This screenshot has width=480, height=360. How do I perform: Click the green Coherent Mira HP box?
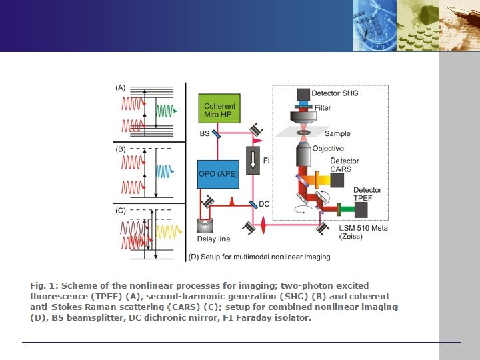(x=219, y=110)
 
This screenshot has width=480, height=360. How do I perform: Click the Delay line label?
(x=213, y=239)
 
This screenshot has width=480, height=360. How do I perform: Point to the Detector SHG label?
(x=336, y=93)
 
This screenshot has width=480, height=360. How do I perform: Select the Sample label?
(x=337, y=133)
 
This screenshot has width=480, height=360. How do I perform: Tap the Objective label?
(x=328, y=149)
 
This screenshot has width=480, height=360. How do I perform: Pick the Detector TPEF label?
(x=367, y=195)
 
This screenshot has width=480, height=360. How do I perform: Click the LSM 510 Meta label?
(x=363, y=229)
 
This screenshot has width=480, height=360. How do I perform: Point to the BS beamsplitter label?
(x=205, y=134)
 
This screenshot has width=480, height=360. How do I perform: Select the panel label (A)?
(x=121, y=87)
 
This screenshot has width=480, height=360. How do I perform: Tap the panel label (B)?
(x=121, y=149)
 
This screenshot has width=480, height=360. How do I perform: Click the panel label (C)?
(x=121, y=211)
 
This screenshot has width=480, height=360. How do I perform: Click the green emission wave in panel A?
(x=165, y=109)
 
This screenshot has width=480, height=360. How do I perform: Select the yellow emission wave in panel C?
(x=166, y=233)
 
